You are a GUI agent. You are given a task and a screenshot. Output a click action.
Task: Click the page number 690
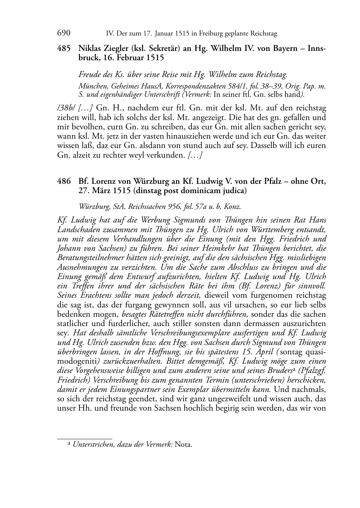pyautogui.click(x=63, y=33)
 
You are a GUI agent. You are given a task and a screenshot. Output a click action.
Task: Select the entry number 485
pyautogui.click(x=64, y=48)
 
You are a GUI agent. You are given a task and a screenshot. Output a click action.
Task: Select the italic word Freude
pyautogui.click(x=90, y=75)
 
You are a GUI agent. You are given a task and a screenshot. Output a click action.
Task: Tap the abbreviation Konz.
pyautogui.click(x=233, y=207)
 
